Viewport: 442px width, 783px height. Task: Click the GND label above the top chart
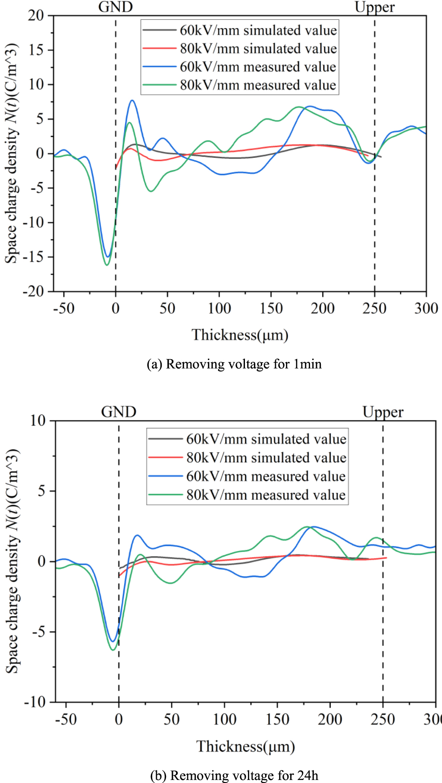coord(116,7)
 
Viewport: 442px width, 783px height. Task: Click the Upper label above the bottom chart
coord(382,412)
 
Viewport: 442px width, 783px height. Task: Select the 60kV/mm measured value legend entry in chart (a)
coord(257,67)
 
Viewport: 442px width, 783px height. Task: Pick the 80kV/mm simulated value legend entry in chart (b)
coord(266,457)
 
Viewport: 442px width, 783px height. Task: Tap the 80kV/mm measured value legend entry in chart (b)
coord(266,495)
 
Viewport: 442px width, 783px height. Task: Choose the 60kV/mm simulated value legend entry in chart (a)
coord(258,30)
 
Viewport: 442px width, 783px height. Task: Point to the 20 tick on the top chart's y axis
coord(36,16)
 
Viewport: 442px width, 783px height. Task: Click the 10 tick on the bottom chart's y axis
coord(38,420)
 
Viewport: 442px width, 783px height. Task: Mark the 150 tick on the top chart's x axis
coord(271,308)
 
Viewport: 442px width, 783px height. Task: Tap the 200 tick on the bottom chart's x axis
coord(330,719)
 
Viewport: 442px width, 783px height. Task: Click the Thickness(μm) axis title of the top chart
coord(240,335)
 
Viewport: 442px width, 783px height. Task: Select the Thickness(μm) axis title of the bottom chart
coord(245,746)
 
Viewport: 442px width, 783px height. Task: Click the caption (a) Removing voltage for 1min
coord(234,364)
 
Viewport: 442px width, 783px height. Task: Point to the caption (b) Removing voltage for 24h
coord(234,775)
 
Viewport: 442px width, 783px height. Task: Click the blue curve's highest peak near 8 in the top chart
coord(132,100)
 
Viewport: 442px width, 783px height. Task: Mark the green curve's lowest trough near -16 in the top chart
coord(107,265)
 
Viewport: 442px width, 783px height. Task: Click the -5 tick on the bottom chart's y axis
coord(39,632)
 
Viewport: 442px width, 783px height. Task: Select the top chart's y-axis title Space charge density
coord(12,153)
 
